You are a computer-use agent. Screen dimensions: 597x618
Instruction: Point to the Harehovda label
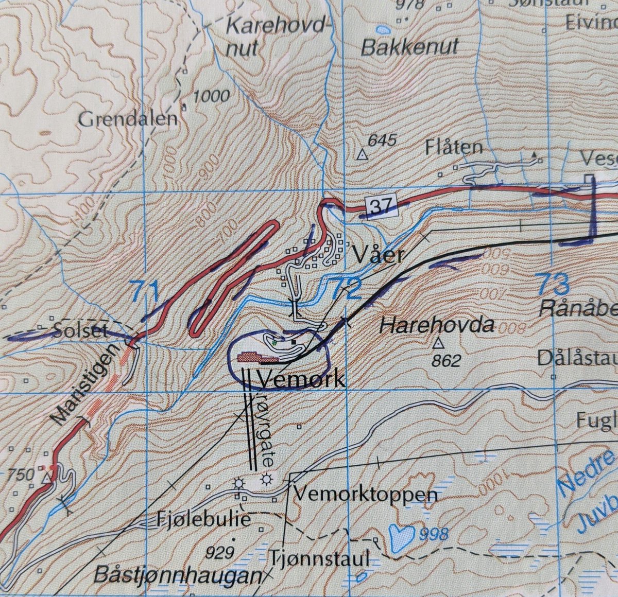click(437, 325)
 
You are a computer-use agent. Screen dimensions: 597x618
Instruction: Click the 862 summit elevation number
click(446, 360)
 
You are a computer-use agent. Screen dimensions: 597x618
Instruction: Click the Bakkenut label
click(410, 48)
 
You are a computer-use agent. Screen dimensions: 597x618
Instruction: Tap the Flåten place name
click(454, 148)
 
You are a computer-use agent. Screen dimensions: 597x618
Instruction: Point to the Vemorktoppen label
click(366, 495)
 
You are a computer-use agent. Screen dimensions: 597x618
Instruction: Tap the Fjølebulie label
click(203, 519)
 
